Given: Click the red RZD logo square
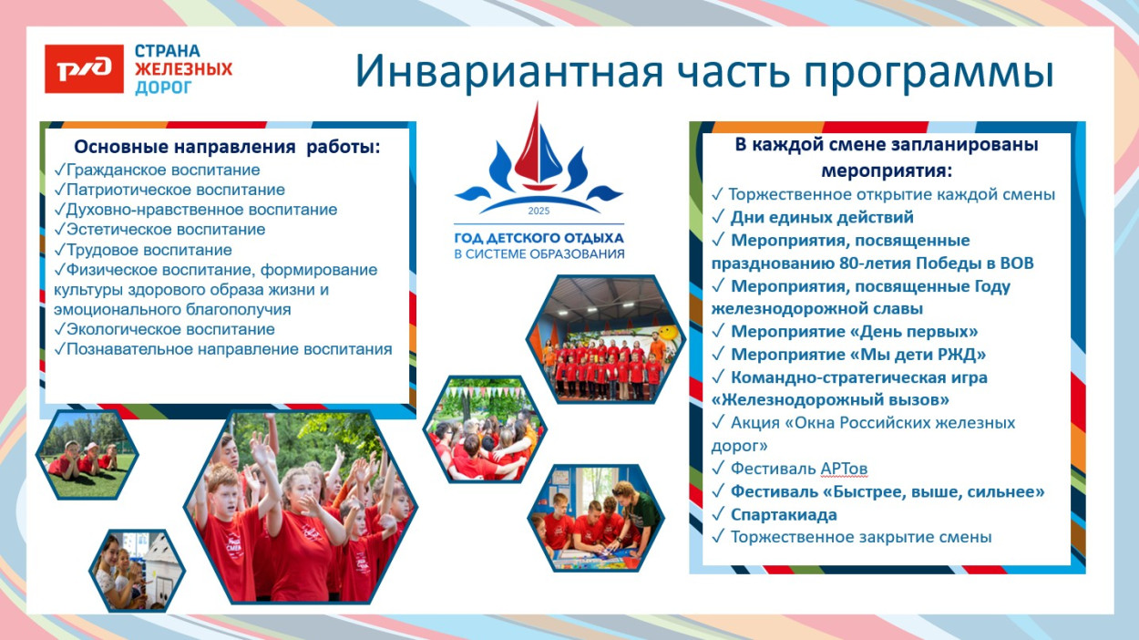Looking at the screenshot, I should point(84,68).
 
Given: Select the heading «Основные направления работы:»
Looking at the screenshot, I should point(227,147).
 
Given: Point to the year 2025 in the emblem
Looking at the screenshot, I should point(539,212).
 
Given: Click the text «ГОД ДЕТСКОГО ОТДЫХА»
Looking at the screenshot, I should point(539,238).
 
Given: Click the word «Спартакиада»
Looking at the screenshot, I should point(784,514).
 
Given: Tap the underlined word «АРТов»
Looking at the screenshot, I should point(843,469).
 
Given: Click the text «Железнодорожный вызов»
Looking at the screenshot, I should point(831,400).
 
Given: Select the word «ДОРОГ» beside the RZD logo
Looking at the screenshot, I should point(164,88).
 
